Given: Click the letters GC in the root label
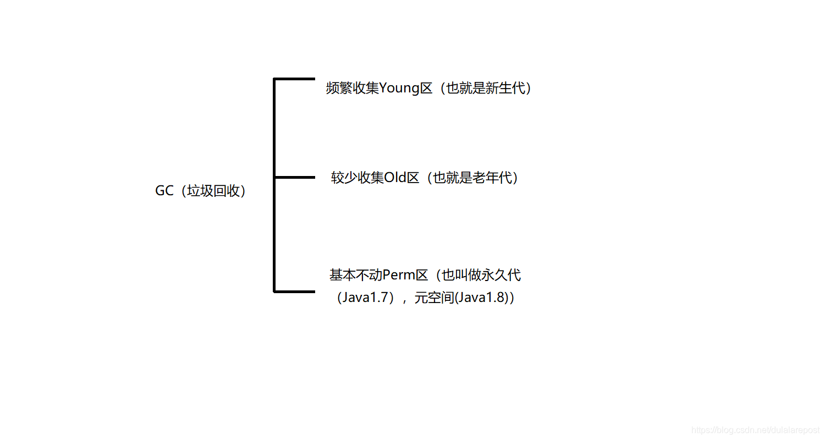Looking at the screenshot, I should (164, 191).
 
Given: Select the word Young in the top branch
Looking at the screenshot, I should (399, 88).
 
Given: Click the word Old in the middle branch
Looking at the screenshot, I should (395, 178).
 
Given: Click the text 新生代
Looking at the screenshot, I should (506, 88).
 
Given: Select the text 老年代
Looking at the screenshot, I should (492, 178).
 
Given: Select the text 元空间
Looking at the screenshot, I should (433, 298).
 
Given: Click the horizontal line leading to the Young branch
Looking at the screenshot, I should (294, 79).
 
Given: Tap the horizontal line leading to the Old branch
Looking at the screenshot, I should (294, 177).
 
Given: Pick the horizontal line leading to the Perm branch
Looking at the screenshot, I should (294, 291).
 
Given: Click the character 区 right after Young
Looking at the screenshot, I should (427, 88).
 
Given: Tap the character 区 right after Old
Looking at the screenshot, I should (413, 178).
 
